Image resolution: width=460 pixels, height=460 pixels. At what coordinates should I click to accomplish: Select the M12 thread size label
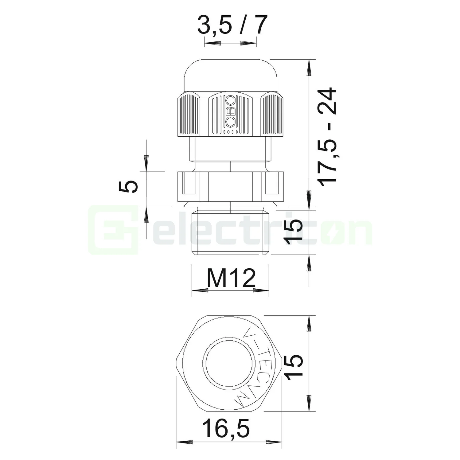[231, 278]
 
